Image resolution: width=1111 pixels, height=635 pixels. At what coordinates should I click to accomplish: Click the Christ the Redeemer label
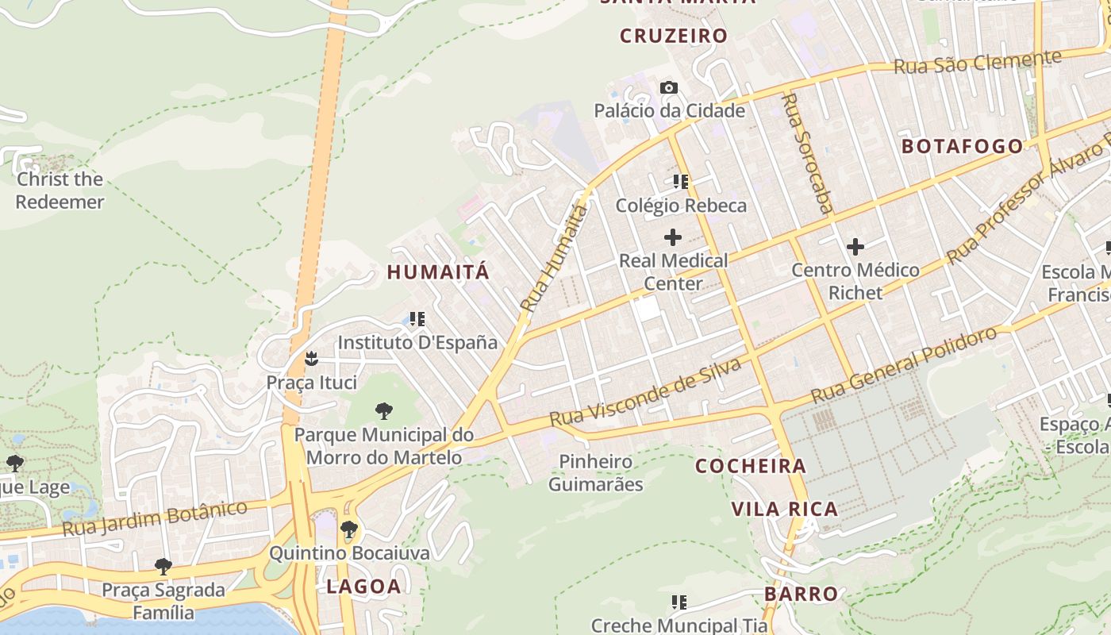[60, 190]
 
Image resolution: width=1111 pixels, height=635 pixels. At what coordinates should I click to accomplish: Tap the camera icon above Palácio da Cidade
[669, 87]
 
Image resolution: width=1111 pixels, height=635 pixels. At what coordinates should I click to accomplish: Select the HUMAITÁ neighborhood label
[438, 272]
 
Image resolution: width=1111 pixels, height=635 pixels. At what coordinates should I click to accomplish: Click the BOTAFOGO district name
[963, 146]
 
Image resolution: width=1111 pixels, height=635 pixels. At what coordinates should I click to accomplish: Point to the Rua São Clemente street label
[977, 62]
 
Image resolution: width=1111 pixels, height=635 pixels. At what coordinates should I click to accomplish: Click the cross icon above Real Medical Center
[673, 237]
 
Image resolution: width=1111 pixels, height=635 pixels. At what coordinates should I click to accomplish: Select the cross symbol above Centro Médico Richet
[855, 247]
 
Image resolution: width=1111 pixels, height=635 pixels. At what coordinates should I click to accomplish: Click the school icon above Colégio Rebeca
[680, 182]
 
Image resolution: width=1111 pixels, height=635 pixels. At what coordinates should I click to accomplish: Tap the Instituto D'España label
[417, 343]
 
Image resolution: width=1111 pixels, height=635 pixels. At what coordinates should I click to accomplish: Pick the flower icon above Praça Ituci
[312, 359]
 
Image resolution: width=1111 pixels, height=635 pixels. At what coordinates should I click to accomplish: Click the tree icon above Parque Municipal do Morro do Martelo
[384, 410]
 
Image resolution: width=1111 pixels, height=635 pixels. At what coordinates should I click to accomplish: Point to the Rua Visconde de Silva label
[645, 391]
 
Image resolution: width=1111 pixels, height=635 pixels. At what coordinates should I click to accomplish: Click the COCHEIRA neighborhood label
[751, 466]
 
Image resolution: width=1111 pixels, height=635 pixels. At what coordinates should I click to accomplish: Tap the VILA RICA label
[784, 510]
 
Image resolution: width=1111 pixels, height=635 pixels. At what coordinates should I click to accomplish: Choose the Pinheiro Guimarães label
[596, 472]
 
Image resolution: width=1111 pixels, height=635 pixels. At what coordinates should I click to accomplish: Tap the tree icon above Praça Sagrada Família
[163, 566]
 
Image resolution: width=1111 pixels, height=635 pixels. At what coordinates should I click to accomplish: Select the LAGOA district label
[364, 587]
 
